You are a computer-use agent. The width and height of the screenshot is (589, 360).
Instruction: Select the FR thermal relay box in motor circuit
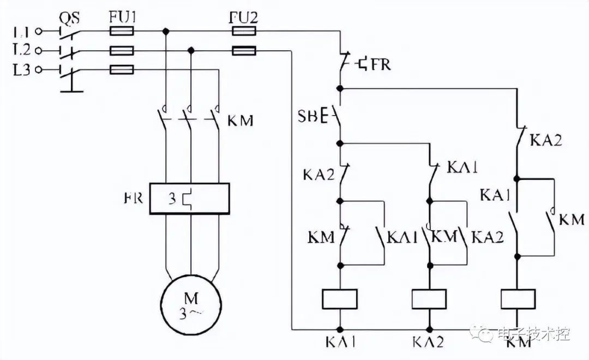[x=189, y=199]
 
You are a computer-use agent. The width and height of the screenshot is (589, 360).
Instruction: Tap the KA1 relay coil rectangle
[x=340, y=299]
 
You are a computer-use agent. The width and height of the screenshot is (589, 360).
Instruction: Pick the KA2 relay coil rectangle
[x=429, y=299]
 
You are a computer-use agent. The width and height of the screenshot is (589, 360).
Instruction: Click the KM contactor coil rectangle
[x=518, y=299]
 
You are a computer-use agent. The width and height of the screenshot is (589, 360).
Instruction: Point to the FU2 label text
[x=243, y=17]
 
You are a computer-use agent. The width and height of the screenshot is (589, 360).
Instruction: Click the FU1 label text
[x=123, y=17]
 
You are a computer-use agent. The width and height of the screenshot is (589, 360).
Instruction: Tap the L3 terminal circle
[x=38, y=69]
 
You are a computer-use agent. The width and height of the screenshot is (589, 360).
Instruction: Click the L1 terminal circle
[x=38, y=32]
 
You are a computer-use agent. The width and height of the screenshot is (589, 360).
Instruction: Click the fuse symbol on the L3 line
[x=122, y=69]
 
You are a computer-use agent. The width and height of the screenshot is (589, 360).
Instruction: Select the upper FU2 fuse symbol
[x=244, y=31]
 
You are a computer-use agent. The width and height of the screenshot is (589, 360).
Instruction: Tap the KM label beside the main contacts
[x=241, y=121]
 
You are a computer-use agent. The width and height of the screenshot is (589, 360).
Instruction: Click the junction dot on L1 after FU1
[x=165, y=31]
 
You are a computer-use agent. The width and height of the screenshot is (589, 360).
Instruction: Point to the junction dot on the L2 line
[x=191, y=50]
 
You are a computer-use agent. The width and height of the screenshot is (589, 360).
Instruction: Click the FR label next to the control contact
[x=381, y=64]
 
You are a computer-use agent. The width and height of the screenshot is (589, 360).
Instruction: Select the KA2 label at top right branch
[x=546, y=140]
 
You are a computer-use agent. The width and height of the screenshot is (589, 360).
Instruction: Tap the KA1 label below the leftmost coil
[x=341, y=342]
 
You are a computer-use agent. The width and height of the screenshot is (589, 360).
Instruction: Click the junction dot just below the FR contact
[x=340, y=89]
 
